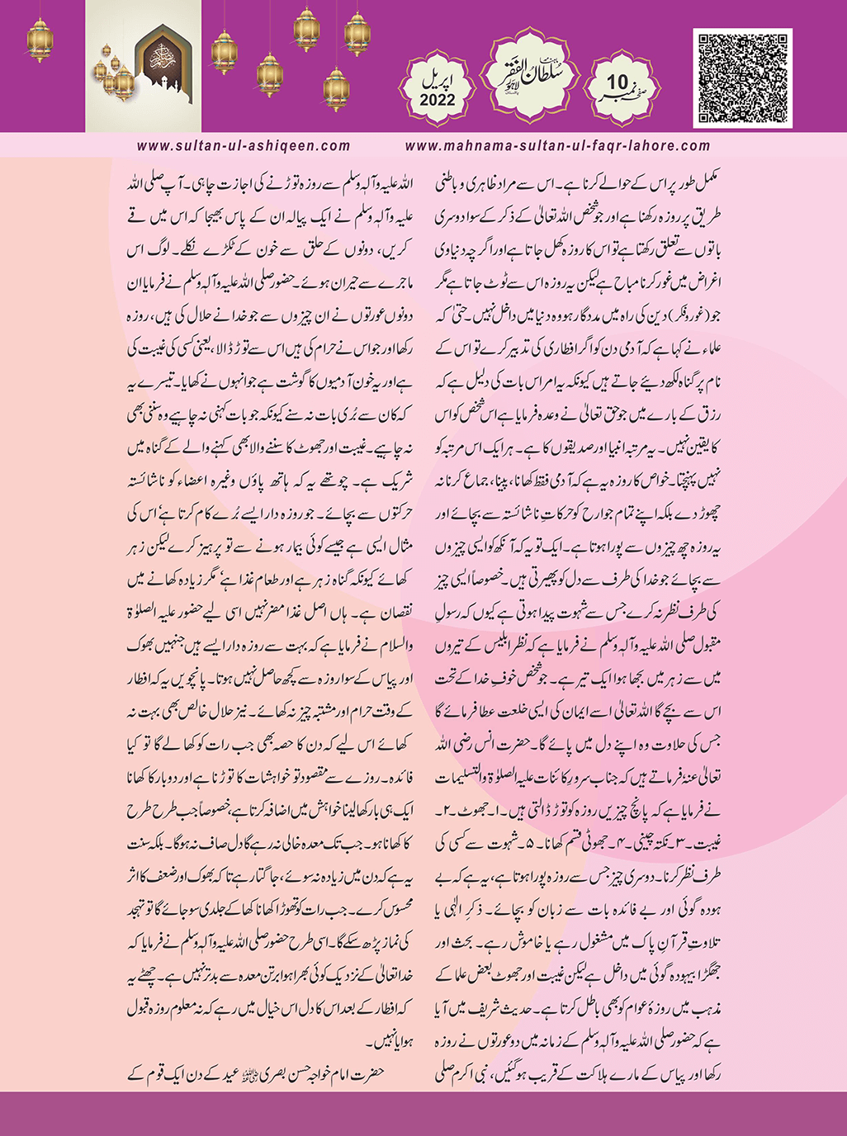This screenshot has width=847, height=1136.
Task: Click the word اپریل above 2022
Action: point(438,80)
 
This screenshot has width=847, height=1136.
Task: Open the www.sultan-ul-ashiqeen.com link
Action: point(244,146)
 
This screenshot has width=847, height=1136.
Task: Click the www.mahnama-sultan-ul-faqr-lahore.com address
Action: point(558,146)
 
